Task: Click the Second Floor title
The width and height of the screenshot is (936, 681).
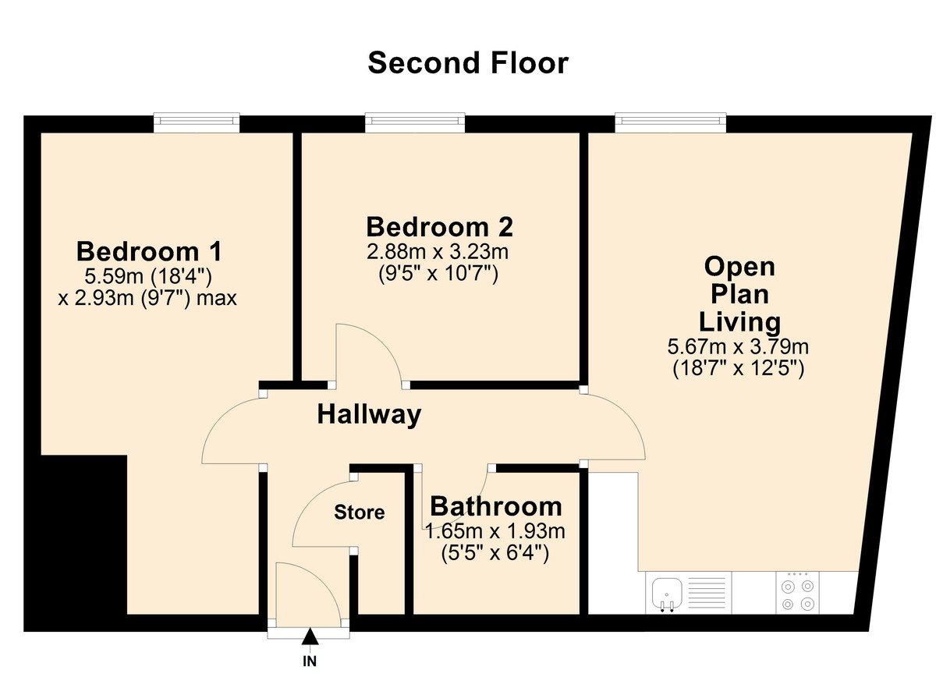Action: [x=468, y=62]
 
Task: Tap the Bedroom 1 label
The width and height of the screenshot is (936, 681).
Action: [x=149, y=252]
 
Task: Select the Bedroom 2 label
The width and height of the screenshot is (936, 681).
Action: [x=439, y=227]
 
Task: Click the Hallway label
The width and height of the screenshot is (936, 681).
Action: [x=369, y=414]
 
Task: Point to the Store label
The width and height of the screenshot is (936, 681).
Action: [x=360, y=513]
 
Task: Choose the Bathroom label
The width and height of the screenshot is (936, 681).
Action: [x=495, y=506]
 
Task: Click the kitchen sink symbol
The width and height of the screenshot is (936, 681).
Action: [x=667, y=593]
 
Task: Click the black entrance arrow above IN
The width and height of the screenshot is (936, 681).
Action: [x=310, y=638]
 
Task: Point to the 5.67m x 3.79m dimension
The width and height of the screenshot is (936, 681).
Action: [x=738, y=346]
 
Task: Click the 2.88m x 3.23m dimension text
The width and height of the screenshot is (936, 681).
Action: [x=439, y=253]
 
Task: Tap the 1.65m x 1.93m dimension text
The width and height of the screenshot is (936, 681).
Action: [x=495, y=533]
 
